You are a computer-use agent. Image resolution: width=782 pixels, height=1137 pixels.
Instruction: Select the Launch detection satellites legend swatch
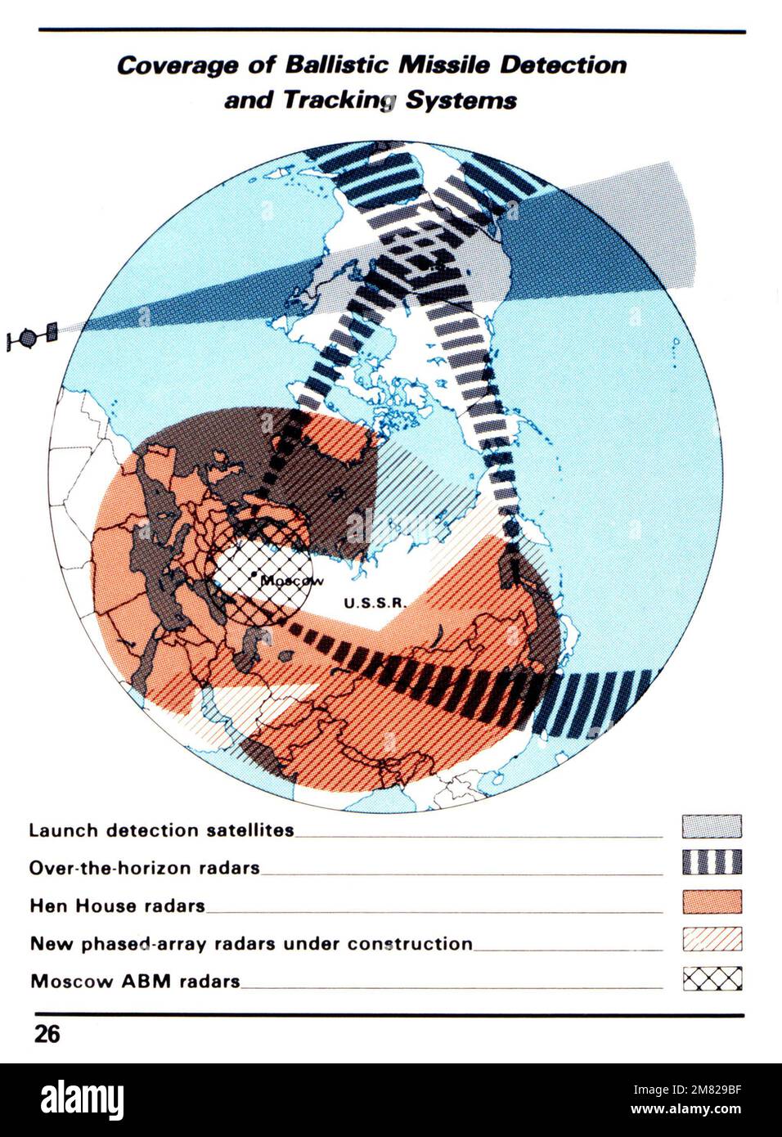click(712, 827)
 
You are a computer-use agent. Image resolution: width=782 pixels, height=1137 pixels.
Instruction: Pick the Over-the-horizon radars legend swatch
click(712, 863)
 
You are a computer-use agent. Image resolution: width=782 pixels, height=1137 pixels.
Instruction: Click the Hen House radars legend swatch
click(712, 901)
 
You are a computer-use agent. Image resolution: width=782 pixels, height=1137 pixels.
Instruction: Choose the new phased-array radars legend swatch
click(712, 939)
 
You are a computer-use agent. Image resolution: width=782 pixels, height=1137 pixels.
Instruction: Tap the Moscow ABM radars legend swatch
click(712, 978)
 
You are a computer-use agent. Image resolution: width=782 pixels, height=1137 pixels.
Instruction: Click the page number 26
click(47, 1034)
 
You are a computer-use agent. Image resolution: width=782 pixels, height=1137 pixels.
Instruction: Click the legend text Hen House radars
click(117, 906)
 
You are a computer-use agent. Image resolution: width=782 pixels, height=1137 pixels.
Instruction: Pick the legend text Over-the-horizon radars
click(145, 868)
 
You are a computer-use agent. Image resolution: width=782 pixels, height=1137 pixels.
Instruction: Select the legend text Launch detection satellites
click(161, 830)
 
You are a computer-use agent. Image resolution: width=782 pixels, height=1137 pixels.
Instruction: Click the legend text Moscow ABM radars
click(135, 981)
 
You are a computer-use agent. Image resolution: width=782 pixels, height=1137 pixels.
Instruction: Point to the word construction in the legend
click(410, 943)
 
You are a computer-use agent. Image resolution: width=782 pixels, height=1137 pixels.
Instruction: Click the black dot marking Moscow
click(255, 577)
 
